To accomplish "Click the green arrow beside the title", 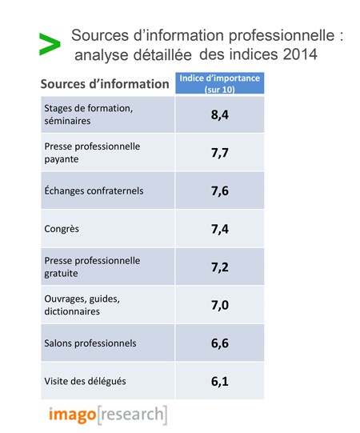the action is pos(50,44).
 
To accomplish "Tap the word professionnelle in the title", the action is pos(282,36).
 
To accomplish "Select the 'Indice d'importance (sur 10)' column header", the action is pos(220,83).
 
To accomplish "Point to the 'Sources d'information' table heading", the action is pos(105,84).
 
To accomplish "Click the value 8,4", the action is pos(220,114).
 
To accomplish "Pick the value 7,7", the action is pos(220,153).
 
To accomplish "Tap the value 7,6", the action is pos(220,190).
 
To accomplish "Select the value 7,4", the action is pos(220,229).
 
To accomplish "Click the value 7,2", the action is pos(220,267).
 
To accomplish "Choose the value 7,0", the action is pos(220,305).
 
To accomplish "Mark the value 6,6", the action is pos(220,343).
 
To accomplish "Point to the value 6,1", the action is pos(220,381).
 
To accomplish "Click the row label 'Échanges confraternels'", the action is pos(94,190).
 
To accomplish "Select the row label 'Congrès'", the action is pos(62,229).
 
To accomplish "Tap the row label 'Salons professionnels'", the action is pos(90,343).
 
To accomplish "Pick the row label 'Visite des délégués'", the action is pos(85,381).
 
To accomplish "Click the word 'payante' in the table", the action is pos(62,159).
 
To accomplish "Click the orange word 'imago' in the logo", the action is pos(72,415).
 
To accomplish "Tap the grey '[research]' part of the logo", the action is pos(132,415).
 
